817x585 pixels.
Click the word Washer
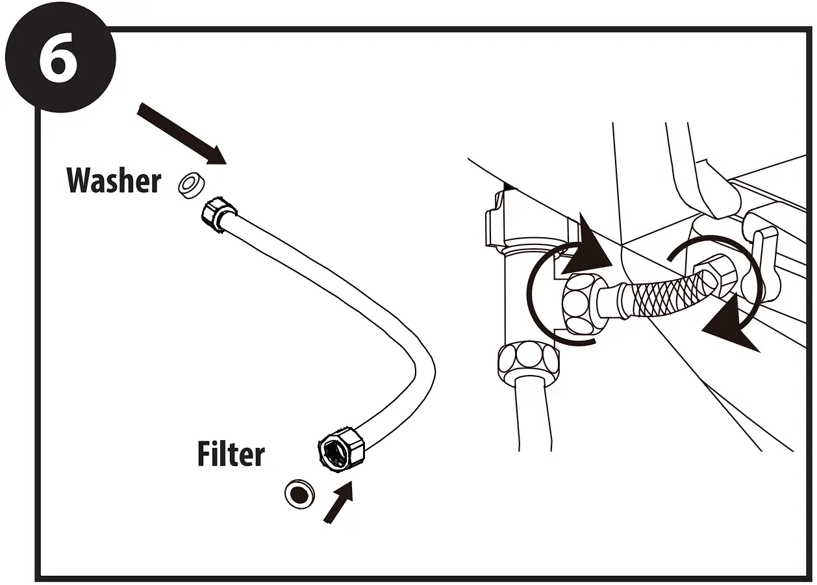tap(114, 180)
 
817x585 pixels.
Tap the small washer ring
tap(190, 185)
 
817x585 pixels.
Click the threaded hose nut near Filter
tap(340, 448)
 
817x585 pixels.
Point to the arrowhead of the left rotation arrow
tap(588, 250)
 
